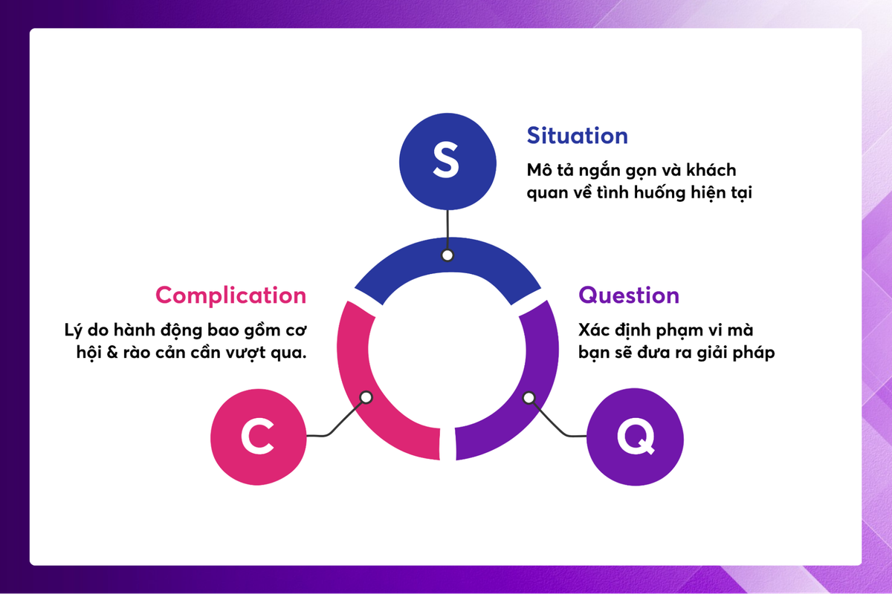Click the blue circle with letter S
pos(446,162)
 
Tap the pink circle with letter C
pos(258,437)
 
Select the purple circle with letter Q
pos(635,437)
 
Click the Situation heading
pos(577,136)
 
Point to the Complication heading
pos(230,295)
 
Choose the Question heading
pos(629,295)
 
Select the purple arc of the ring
pos(539,371)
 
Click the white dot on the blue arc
pos(447,255)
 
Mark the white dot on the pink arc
pos(366,397)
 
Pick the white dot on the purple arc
pos(529,398)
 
